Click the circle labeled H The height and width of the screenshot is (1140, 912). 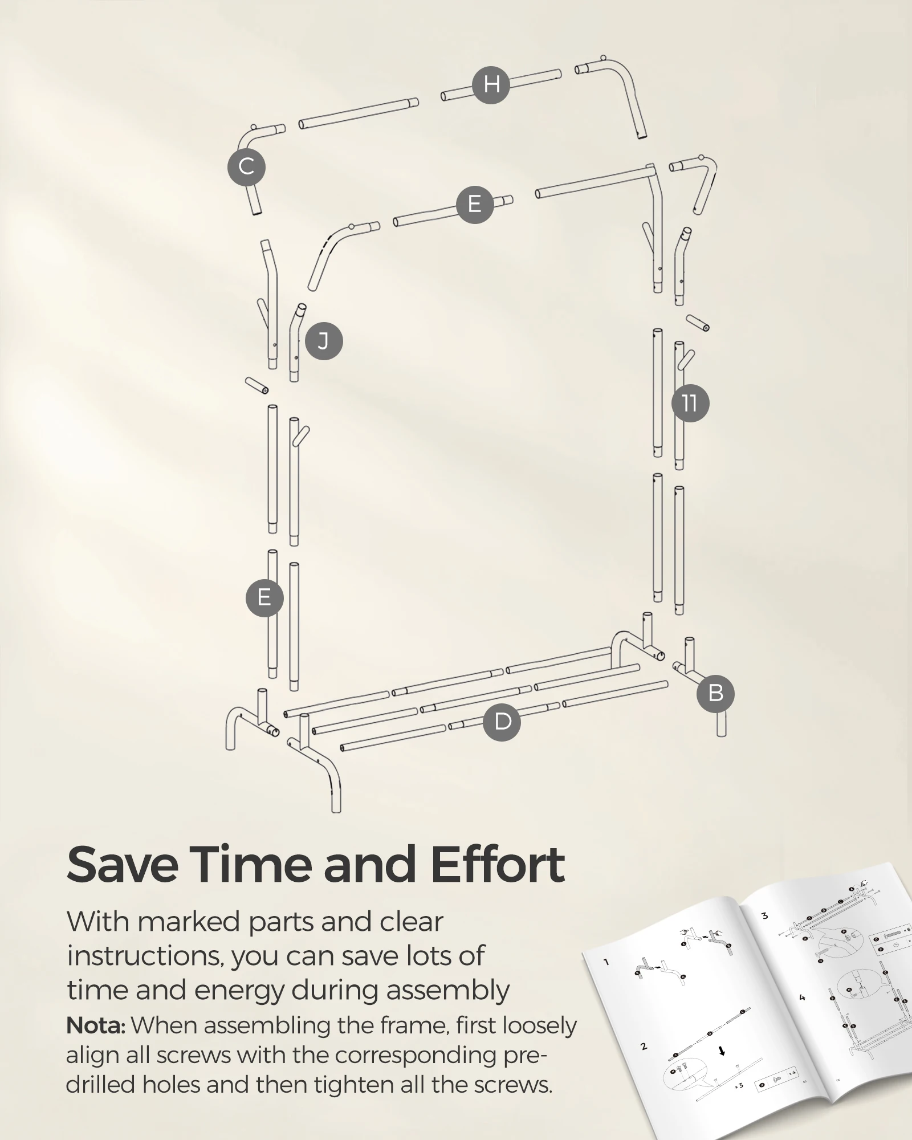click(x=491, y=84)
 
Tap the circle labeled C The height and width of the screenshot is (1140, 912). click(x=246, y=168)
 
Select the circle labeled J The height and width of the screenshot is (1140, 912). click(x=324, y=341)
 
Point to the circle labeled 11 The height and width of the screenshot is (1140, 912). click(x=690, y=404)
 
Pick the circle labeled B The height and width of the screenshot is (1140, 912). click(x=715, y=693)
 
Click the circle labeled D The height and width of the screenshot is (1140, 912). click(x=502, y=722)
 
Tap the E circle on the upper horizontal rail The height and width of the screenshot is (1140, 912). click(x=474, y=204)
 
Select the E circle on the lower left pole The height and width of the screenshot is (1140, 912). click(x=264, y=598)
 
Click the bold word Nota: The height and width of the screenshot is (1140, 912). click(x=95, y=1025)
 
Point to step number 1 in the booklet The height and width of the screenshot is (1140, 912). click(x=606, y=962)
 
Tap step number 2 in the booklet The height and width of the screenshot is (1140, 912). click(x=644, y=1047)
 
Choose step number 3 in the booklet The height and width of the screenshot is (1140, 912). click(x=764, y=916)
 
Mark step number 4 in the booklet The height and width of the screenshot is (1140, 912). click(x=802, y=997)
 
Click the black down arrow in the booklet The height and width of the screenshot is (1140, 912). click(x=722, y=1051)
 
